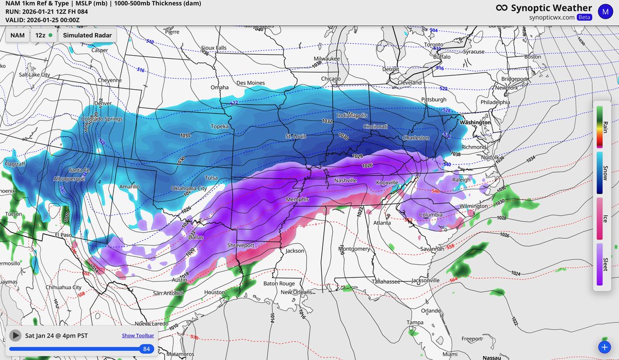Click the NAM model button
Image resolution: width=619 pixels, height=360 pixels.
tap(18, 36)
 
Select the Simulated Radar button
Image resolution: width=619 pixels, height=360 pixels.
tap(87, 36)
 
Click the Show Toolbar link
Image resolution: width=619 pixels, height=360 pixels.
tap(138, 336)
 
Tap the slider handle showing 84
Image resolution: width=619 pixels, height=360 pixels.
tap(146, 349)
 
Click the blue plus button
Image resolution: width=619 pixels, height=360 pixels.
tap(604, 347)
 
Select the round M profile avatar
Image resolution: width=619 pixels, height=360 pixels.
tap(605, 10)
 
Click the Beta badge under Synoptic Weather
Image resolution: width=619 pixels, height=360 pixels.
tap(584, 17)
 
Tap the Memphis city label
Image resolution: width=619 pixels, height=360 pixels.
tap(298, 199)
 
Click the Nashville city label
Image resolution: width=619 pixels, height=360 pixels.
tap(345, 181)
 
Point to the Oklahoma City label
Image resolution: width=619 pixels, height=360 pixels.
tap(189, 188)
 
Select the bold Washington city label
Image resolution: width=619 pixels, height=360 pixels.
tap(475, 123)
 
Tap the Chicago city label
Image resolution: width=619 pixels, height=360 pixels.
tap(330, 79)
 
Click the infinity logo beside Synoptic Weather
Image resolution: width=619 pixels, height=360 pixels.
tap(501, 8)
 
